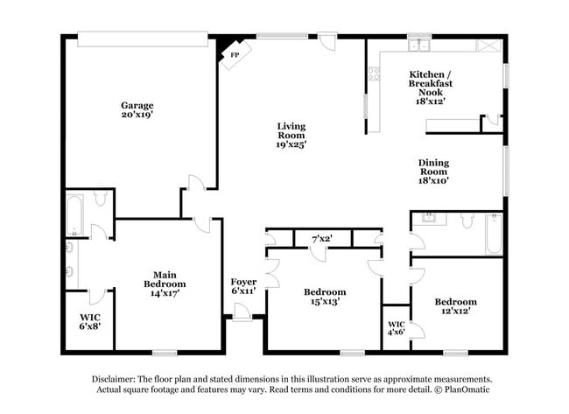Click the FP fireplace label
point(233,55)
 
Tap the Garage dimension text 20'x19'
point(137,115)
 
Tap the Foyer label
point(243,286)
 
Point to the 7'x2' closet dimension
point(323,238)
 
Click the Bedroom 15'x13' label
point(324,297)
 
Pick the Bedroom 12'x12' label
point(456,306)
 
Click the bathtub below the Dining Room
point(493,234)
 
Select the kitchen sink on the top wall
point(419,45)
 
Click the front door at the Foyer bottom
point(242,316)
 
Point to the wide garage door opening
point(143,39)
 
